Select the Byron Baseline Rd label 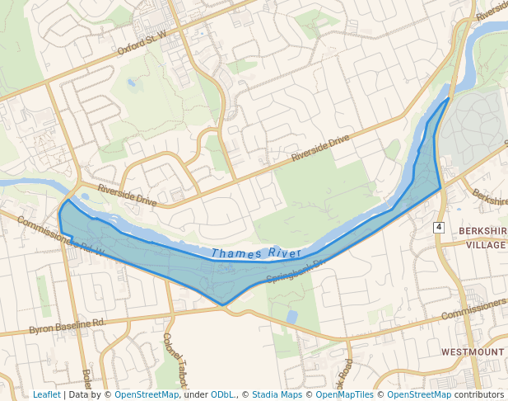click(x=67, y=325)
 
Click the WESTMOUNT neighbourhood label click(x=473, y=351)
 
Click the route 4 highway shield click(x=439, y=226)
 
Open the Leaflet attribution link click(x=46, y=394)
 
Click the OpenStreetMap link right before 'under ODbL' click(x=147, y=394)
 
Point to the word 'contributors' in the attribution click(x=478, y=394)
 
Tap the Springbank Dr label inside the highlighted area click(x=296, y=269)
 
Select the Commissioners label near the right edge click(x=473, y=309)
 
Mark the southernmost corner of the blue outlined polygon click(x=223, y=304)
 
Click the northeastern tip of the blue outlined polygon click(x=448, y=100)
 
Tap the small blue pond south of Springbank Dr click(x=292, y=316)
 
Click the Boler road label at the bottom click(x=85, y=380)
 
